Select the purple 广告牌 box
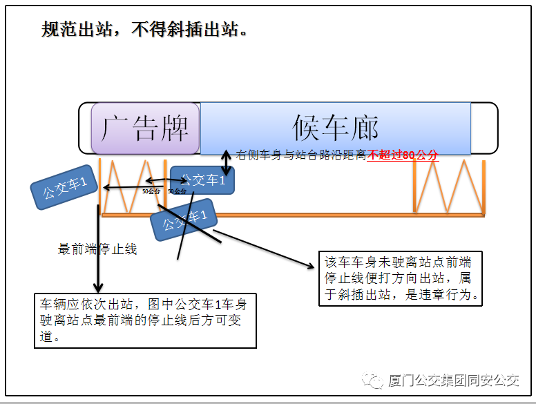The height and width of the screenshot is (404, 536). pyautogui.click(x=145, y=128)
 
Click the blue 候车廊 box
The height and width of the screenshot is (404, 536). pyautogui.click(x=336, y=128)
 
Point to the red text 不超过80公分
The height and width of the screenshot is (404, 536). pyautogui.click(x=403, y=155)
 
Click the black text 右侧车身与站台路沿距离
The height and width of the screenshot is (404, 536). pyautogui.click(x=301, y=155)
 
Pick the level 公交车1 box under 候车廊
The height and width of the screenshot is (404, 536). pyautogui.click(x=202, y=180)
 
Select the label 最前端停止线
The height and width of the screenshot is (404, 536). pyautogui.click(x=97, y=249)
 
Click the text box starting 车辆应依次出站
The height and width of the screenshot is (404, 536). pyautogui.click(x=145, y=320)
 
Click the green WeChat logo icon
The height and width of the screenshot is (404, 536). pyautogui.click(x=375, y=381)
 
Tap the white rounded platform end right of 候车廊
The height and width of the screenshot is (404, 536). pyautogui.click(x=484, y=128)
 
